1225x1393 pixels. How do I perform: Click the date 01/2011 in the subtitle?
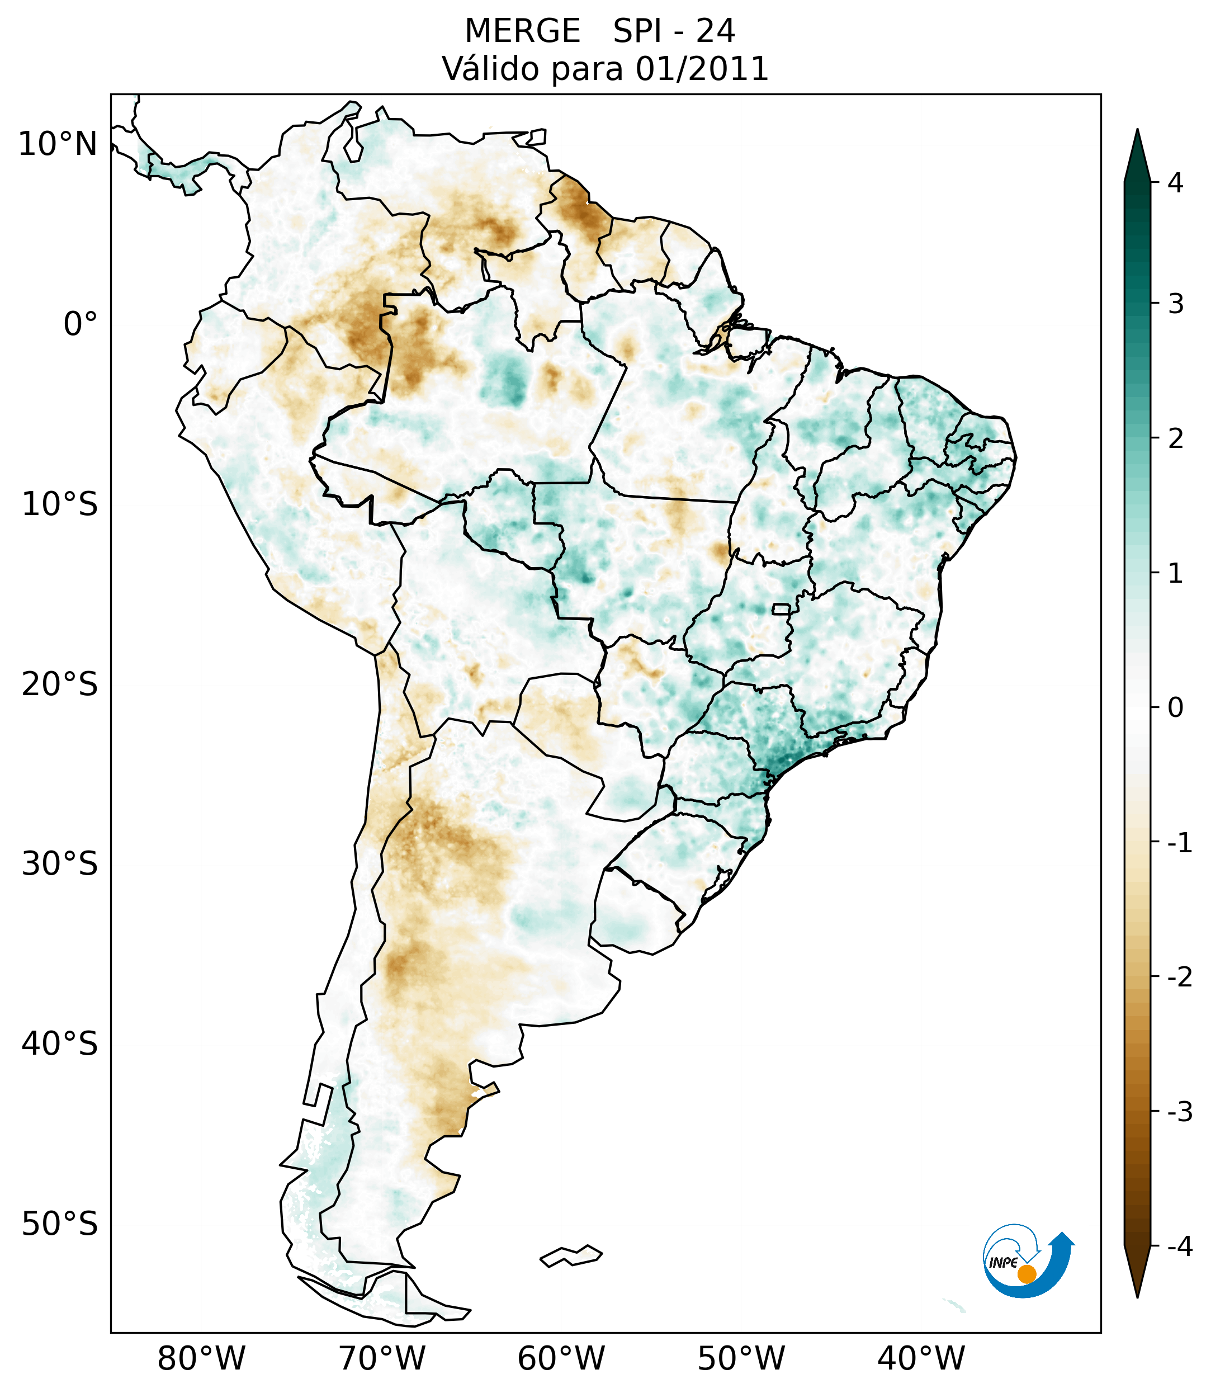(x=702, y=69)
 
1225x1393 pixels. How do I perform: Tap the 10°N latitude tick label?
(x=58, y=144)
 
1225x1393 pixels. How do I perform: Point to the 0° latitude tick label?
(x=81, y=324)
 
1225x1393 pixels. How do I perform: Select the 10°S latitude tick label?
(x=60, y=505)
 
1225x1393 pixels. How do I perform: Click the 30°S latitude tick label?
(x=60, y=864)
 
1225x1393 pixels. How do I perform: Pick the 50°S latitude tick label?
(x=60, y=1224)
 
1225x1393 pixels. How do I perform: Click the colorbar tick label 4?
(x=1175, y=183)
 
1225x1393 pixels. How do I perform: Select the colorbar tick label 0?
(x=1175, y=707)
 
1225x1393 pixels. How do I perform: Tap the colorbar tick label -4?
(x=1179, y=1246)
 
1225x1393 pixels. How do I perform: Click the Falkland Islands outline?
(x=571, y=1255)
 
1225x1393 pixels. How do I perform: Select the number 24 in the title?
(x=716, y=31)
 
